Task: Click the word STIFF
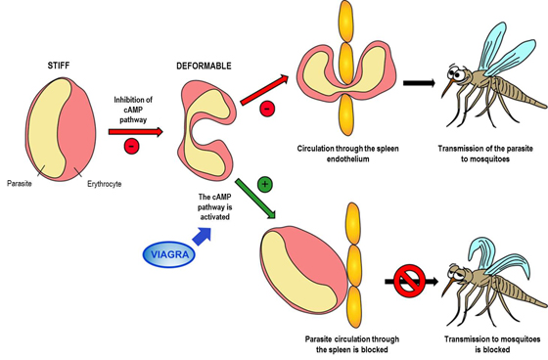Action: coord(59,65)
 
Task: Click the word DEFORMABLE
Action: coord(204,66)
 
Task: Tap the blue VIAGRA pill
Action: coord(169,254)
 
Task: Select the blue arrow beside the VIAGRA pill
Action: coord(203,237)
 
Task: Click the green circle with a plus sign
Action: coord(265,185)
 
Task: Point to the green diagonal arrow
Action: coord(255,199)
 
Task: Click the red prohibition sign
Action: coord(410,281)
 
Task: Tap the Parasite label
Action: coord(20,184)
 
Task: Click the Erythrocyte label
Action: coord(104,184)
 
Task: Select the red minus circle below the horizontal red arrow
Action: coord(132,146)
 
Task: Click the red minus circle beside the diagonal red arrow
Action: coord(267,109)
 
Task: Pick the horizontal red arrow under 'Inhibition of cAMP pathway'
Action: coord(136,132)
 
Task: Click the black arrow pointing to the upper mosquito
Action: coord(419,83)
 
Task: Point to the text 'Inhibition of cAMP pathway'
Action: coord(133,110)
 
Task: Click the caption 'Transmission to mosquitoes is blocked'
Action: coord(492,344)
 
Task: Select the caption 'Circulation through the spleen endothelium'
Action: coord(347,154)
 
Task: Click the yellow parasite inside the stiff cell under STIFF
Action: coord(48,127)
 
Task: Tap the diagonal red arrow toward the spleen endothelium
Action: coord(264,89)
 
